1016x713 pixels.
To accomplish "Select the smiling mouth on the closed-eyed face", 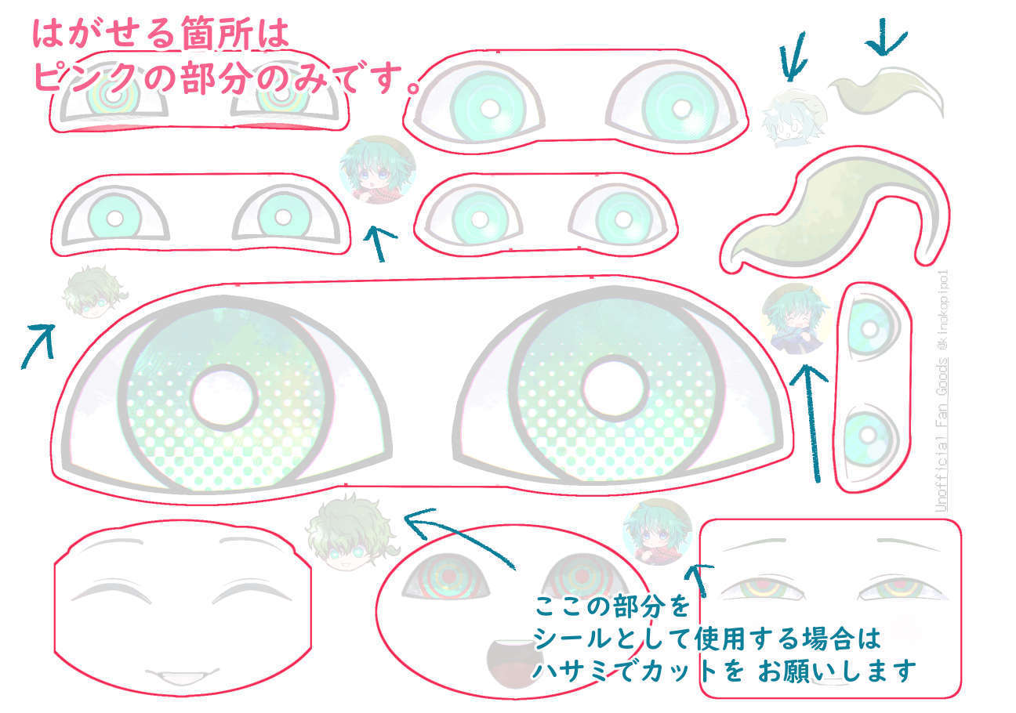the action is pyautogui.click(x=181, y=675).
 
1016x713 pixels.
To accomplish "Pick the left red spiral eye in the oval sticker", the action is pyautogui.click(x=447, y=577).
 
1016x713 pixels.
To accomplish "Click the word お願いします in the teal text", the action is pyautogui.click(x=836, y=671).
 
